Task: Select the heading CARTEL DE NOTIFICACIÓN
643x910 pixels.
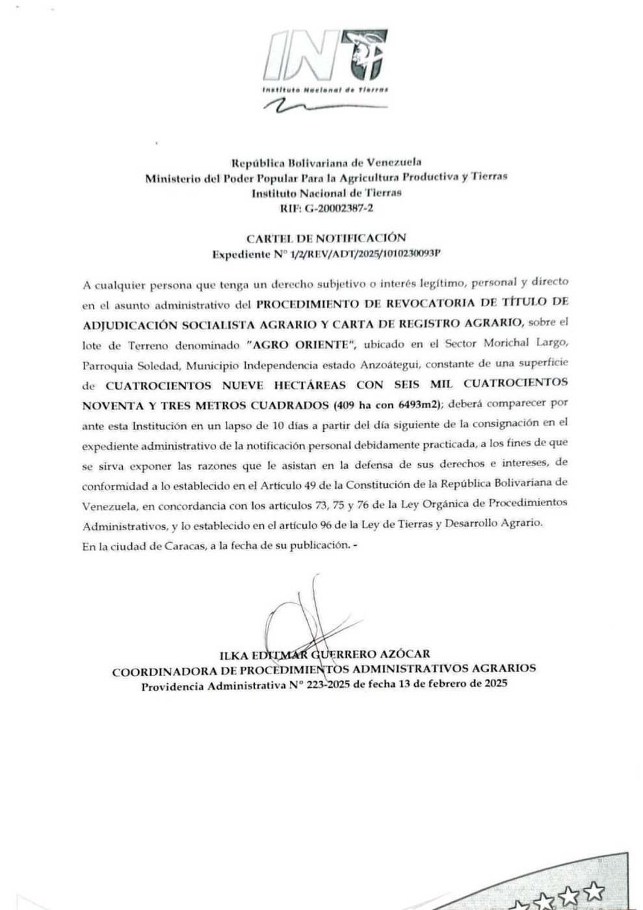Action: pyautogui.click(x=326, y=238)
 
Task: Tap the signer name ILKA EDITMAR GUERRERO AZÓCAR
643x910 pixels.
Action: pyautogui.click(x=325, y=654)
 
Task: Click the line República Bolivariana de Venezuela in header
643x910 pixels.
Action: pyautogui.click(x=326, y=162)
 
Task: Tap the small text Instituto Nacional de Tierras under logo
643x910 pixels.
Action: pyautogui.click(x=324, y=90)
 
